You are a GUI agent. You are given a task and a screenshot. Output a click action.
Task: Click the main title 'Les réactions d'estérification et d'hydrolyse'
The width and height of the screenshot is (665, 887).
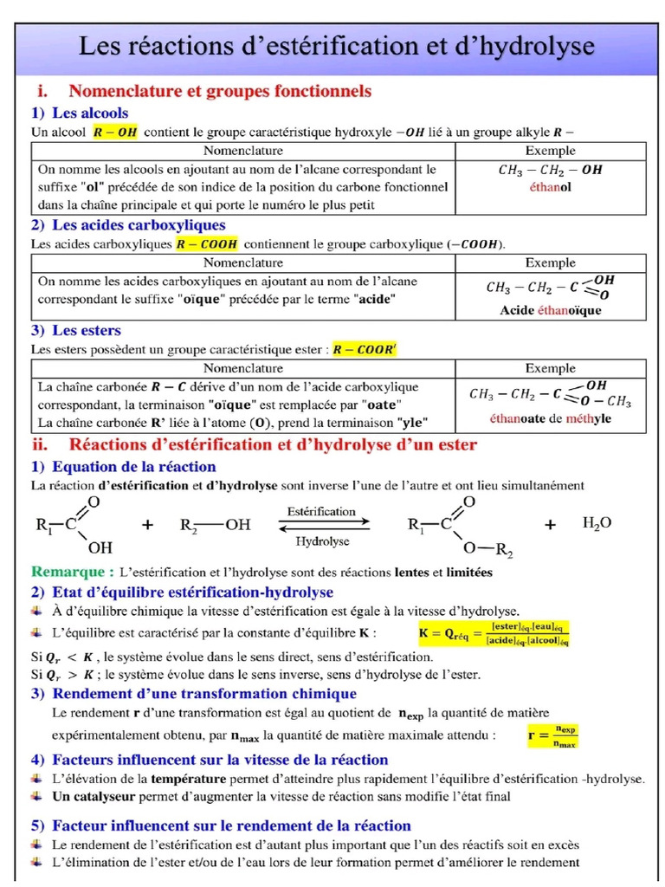coord(337,47)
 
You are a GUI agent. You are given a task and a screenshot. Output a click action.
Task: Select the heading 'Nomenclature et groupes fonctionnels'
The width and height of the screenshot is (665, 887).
coord(220,91)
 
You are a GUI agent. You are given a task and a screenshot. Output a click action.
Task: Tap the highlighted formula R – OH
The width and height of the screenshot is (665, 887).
coord(115,133)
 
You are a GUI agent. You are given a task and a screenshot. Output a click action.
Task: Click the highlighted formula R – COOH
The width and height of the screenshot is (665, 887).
coord(206,243)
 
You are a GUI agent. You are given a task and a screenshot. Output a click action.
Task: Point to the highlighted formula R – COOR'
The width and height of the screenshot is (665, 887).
coord(365,348)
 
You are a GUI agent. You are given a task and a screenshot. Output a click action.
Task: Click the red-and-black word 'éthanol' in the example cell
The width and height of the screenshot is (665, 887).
coord(550,186)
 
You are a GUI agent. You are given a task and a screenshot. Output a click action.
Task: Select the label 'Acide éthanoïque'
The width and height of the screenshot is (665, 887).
coord(550,310)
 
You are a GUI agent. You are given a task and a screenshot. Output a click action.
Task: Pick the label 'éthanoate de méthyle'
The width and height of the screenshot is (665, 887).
coord(550,418)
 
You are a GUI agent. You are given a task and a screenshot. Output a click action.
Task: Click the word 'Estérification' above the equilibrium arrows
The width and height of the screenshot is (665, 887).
coord(322,511)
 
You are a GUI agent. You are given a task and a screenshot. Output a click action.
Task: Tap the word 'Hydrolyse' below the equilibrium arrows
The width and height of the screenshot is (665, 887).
coord(322,541)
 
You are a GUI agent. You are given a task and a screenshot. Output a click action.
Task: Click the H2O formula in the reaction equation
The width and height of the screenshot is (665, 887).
coord(597,522)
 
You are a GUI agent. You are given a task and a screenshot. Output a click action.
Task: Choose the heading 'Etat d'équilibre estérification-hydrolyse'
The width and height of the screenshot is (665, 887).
coord(192,592)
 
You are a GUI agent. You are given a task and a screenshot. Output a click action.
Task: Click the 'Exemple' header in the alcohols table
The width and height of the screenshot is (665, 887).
coord(550,151)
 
